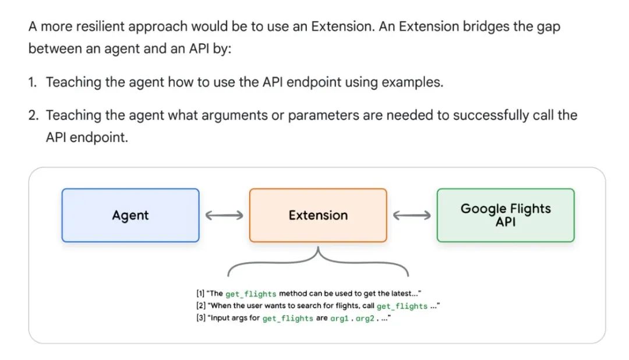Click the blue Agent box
(x=130, y=215)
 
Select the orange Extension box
(x=318, y=215)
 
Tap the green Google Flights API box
(x=506, y=215)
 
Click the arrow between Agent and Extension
(x=224, y=216)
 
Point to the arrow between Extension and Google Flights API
(x=412, y=216)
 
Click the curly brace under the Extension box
(x=318, y=262)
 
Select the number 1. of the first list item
(x=33, y=82)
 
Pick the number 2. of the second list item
(x=34, y=115)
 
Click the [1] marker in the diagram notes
(x=200, y=294)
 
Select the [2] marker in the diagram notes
(x=200, y=306)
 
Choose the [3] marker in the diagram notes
(x=200, y=319)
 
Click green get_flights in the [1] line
(x=250, y=294)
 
